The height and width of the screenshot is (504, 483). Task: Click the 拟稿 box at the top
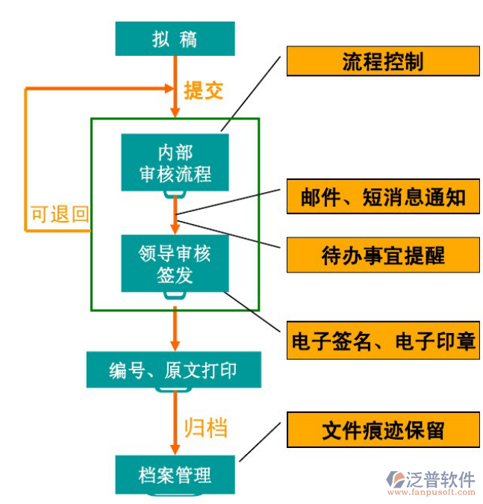(175, 39)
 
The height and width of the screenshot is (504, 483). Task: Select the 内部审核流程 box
(175, 163)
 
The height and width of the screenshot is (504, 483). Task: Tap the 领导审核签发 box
(175, 264)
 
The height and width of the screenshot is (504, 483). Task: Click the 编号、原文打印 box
(174, 370)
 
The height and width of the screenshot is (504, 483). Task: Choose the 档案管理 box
(175, 474)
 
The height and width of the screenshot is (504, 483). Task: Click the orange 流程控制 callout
(382, 61)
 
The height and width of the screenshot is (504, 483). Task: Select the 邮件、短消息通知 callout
(382, 196)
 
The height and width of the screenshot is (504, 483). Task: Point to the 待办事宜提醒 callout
(382, 255)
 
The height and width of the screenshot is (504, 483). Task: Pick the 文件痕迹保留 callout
(382, 430)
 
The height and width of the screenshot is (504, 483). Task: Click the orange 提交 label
(203, 90)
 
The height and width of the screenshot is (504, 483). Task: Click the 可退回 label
(59, 215)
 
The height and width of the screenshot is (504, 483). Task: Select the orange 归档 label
(205, 428)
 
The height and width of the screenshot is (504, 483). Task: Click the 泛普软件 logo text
(441, 479)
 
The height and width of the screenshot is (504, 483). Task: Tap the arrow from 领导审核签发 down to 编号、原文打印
(175, 329)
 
